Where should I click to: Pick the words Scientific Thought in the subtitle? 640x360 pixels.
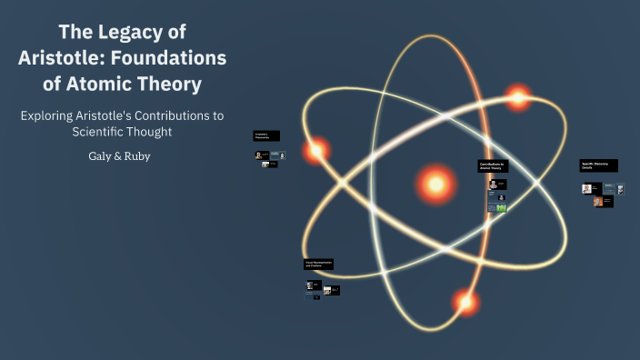pyautogui.click(x=123, y=132)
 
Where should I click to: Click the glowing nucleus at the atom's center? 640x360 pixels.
pyautogui.click(x=435, y=185)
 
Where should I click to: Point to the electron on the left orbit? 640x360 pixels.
pyautogui.click(x=316, y=151)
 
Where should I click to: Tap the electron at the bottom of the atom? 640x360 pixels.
pyautogui.click(x=465, y=301)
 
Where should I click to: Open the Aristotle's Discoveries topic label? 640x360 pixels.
pyautogui.click(x=266, y=135)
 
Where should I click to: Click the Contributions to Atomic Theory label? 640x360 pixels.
pyautogui.click(x=493, y=166)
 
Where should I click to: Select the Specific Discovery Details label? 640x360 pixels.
pyautogui.click(x=599, y=165)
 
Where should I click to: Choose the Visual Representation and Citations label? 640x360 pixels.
pyautogui.click(x=318, y=264)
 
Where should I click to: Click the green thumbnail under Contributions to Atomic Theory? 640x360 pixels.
pyautogui.click(x=501, y=207)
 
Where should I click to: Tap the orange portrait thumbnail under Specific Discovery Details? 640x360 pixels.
pyautogui.click(x=598, y=201)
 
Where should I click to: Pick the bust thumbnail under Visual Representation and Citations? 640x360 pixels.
pyautogui.click(x=310, y=285)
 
